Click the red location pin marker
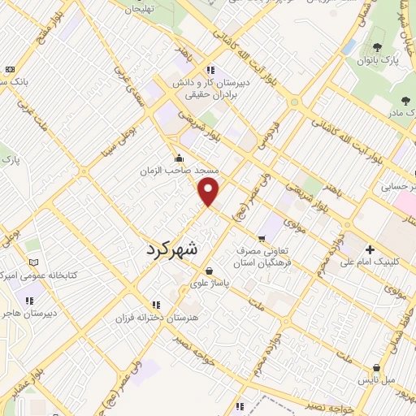point(210,192)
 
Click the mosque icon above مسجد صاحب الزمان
point(179,158)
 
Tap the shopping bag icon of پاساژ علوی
point(210,271)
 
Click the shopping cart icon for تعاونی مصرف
point(261,239)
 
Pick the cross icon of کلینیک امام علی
point(370,249)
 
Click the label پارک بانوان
point(382,60)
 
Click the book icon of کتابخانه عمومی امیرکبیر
point(33,262)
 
